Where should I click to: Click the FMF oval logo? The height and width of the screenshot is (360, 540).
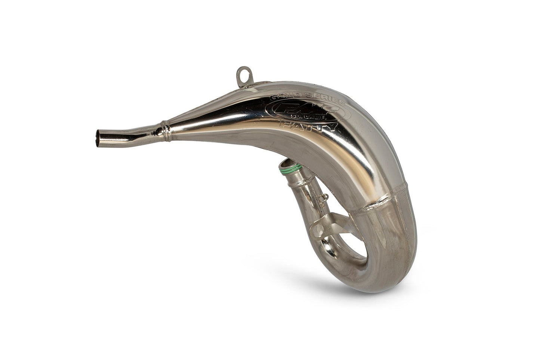pyautogui.click(x=299, y=113)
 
